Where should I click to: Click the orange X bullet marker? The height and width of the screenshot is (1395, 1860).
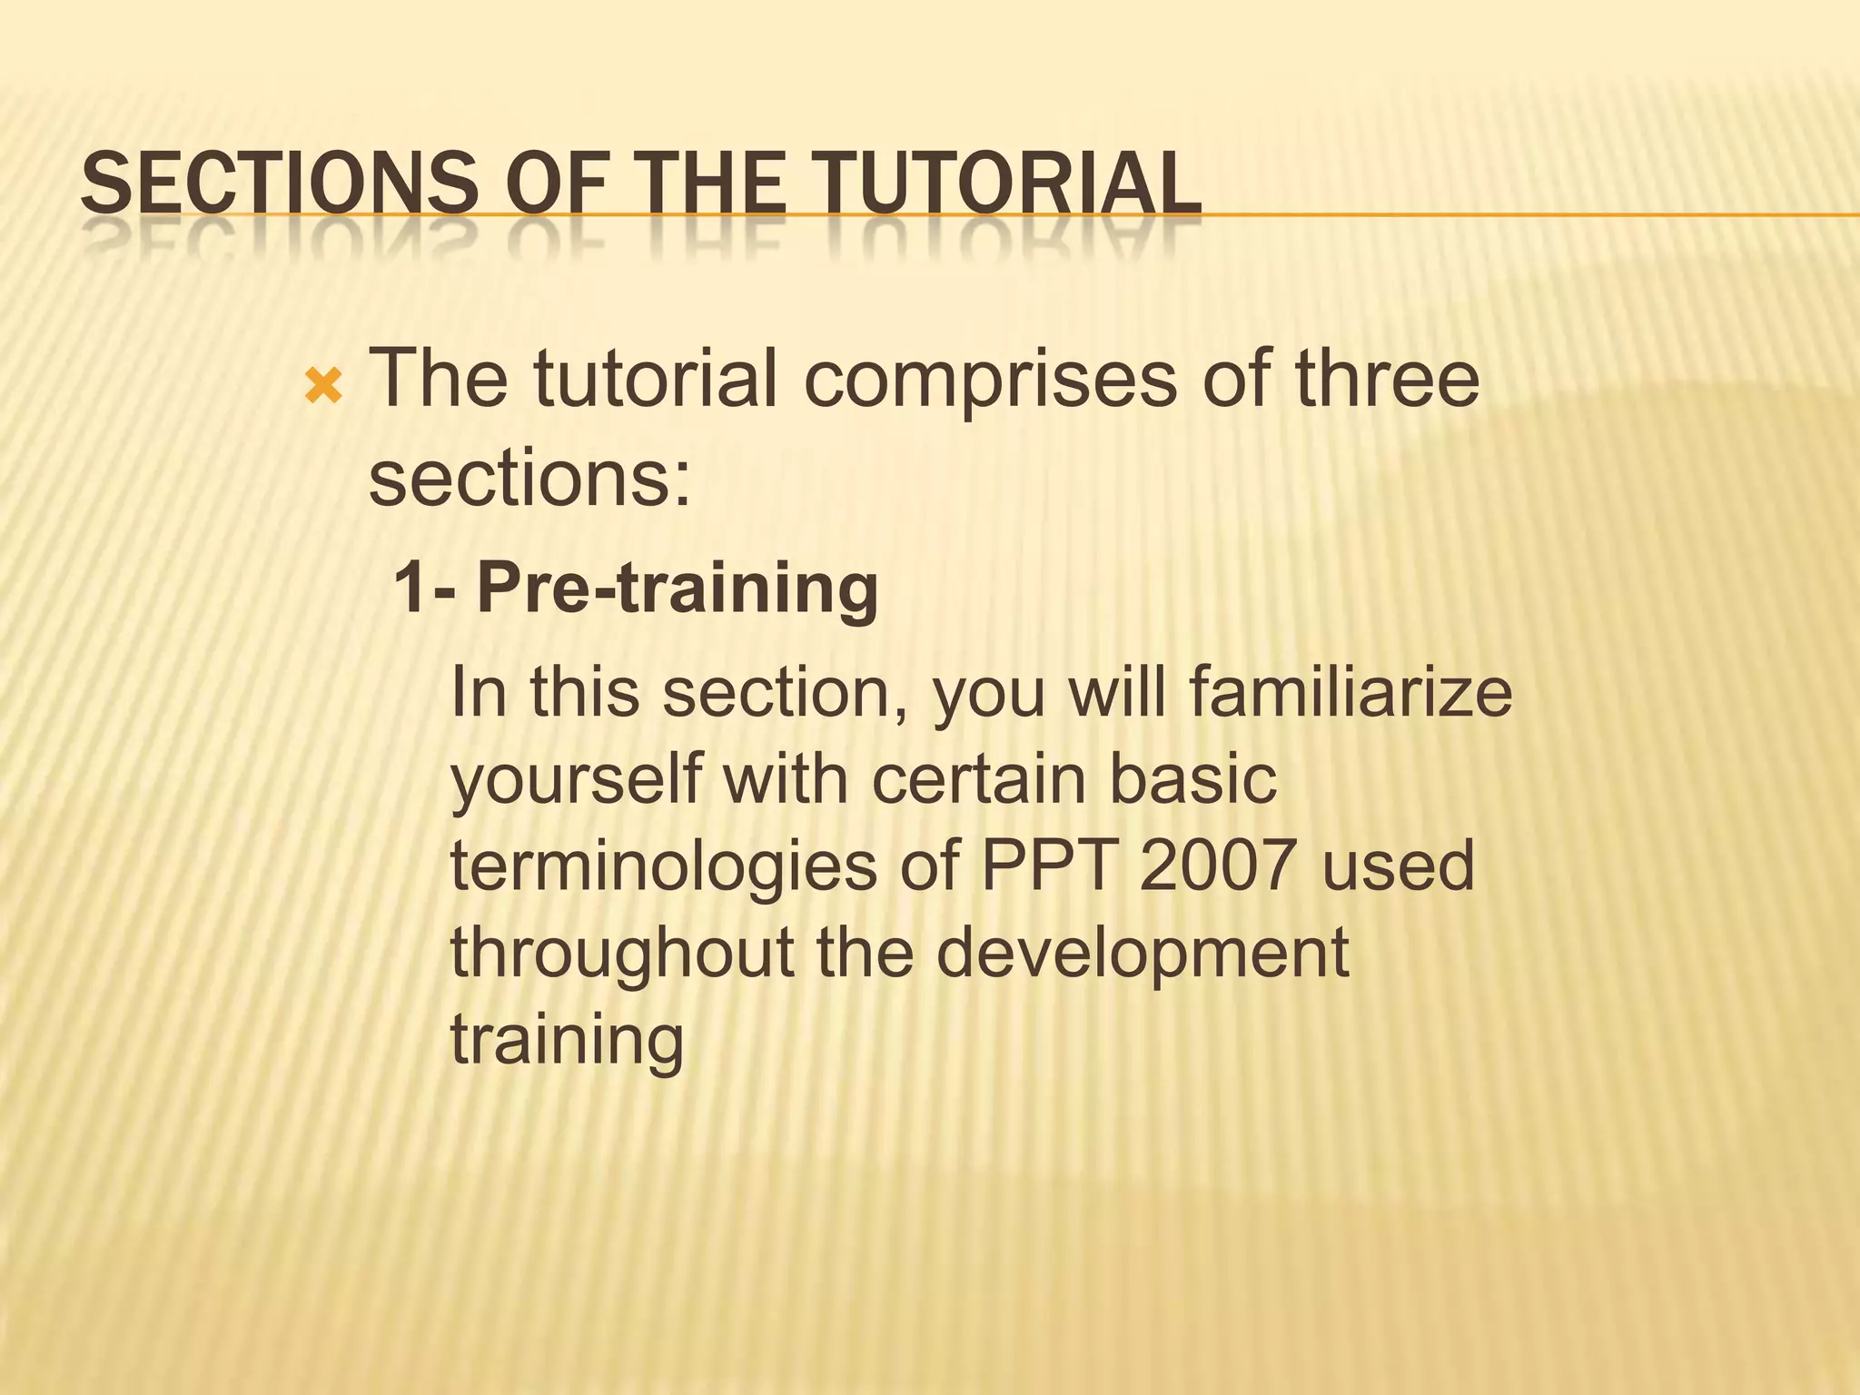coord(323,388)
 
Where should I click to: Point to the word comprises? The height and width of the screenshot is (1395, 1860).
coord(991,380)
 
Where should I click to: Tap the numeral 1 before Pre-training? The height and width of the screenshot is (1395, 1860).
coord(411,588)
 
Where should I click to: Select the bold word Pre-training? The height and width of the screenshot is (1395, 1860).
coord(678,589)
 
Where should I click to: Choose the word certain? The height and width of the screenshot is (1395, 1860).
coord(979,778)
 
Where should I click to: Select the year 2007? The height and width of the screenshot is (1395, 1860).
coord(1217,866)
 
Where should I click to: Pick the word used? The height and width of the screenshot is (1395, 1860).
coord(1399,866)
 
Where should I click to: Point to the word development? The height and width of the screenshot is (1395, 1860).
coord(1143,955)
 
